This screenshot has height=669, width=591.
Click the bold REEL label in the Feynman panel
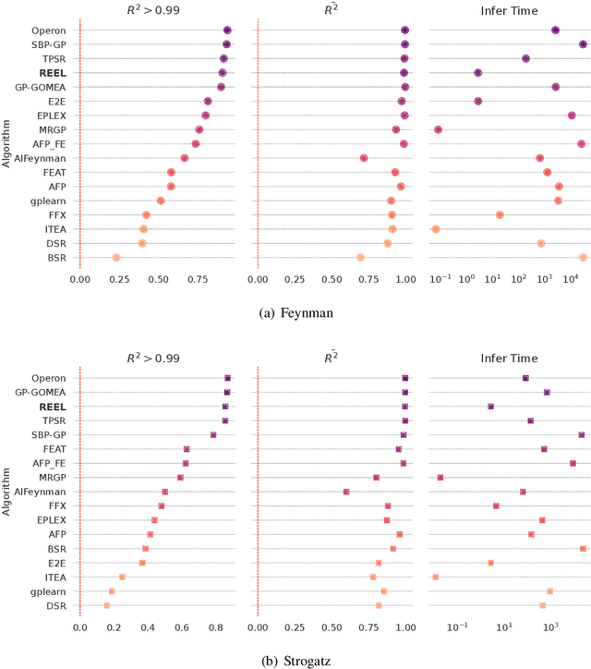(x=53, y=72)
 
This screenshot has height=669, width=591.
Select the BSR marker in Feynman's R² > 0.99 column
(x=115, y=258)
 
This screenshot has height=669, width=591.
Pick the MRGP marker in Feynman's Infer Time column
(x=438, y=129)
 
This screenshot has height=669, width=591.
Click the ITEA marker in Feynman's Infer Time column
(x=435, y=229)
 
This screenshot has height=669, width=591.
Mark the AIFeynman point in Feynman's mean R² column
(x=364, y=158)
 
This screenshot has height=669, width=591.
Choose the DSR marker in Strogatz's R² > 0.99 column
(x=107, y=605)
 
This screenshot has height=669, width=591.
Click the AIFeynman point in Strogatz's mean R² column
(x=346, y=492)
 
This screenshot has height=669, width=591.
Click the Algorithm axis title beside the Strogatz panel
(x=8, y=492)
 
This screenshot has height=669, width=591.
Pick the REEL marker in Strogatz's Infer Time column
(x=490, y=407)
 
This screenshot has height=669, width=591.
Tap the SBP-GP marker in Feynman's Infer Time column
(x=583, y=44)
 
